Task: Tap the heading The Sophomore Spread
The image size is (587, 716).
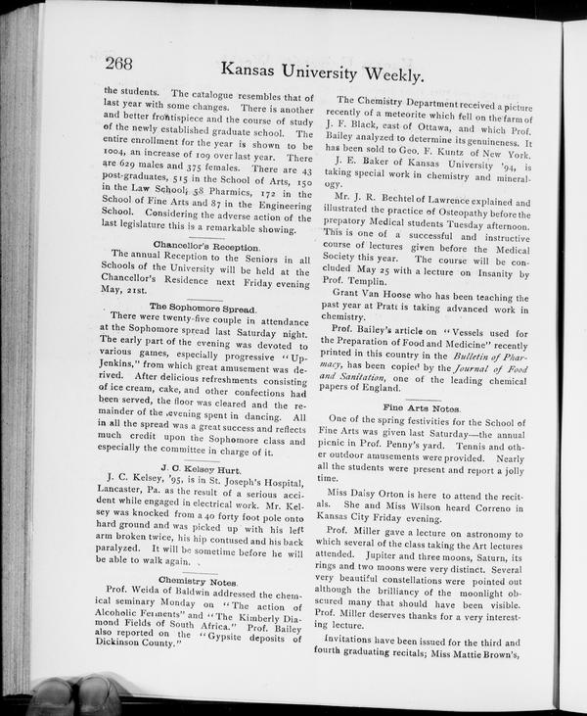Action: (203, 307)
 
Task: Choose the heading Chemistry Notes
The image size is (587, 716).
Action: (204, 581)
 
